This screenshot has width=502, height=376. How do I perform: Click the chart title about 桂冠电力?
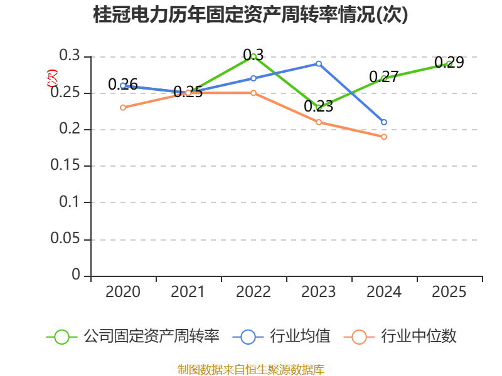click(x=250, y=14)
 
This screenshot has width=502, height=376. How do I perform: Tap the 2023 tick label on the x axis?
click(x=319, y=292)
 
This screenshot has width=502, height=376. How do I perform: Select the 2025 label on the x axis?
click(x=449, y=292)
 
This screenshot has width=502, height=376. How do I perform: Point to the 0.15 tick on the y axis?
click(x=65, y=165)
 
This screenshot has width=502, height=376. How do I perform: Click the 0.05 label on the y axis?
click(x=65, y=239)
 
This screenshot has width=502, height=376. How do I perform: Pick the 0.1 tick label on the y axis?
click(x=69, y=202)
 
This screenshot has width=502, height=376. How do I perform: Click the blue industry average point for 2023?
click(x=319, y=64)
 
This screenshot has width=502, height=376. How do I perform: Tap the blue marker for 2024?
click(x=384, y=122)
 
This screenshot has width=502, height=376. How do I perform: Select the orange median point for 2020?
click(x=123, y=108)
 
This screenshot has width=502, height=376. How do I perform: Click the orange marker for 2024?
click(x=384, y=137)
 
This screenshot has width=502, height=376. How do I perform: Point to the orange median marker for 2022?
click(x=254, y=93)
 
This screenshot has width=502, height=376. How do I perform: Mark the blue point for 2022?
click(x=254, y=78)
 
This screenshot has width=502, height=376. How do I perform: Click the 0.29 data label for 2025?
click(x=449, y=62)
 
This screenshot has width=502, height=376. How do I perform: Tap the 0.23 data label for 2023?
click(x=319, y=106)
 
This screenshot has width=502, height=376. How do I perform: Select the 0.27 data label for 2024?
click(x=384, y=77)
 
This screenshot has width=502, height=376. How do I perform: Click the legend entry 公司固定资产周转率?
click(x=133, y=337)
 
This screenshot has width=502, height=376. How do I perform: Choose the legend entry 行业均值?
click(x=281, y=337)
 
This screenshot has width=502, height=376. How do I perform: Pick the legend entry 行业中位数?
click(x=400, y=337)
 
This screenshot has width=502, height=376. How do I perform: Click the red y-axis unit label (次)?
click(x=52, y=78)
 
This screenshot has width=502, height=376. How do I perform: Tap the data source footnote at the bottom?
click(x=251, y=370)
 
